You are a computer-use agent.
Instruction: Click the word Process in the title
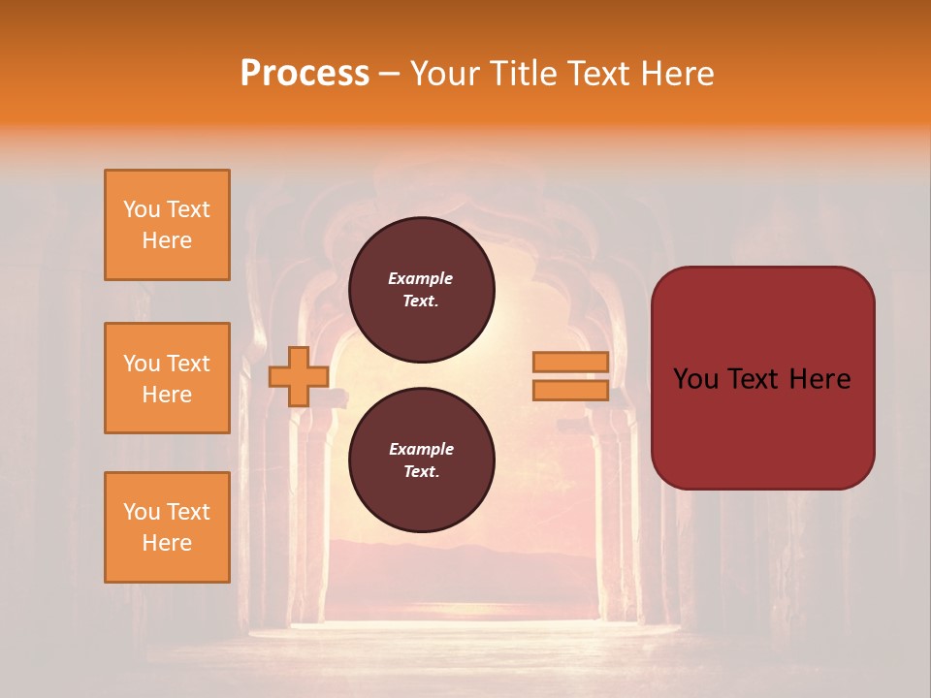click(x=305, y=73)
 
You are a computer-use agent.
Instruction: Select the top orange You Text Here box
click(x=167, y=225)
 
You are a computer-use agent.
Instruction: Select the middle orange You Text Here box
click(x=167, y=378)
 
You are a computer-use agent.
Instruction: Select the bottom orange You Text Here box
click(x=167, y=527)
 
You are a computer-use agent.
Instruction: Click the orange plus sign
click(x=298, y=376)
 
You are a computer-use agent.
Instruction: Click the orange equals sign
click(x=570, y=376)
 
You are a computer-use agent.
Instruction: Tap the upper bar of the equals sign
click(x=570, y=362)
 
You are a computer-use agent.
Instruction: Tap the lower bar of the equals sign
click(x=570, y=391)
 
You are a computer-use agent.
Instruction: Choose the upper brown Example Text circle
click(x=421, y=290)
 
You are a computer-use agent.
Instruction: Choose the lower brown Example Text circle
click(x=421, y=460)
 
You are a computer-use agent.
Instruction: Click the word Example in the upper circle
click(x=421, y=279)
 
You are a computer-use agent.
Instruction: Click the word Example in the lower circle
click(x=421, y=450)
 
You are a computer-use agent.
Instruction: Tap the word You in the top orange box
click(x=142, y=209)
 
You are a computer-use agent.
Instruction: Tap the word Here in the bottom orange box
click(x=167, y=543)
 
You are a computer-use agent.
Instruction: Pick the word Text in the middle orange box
click(x=188, y=364)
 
